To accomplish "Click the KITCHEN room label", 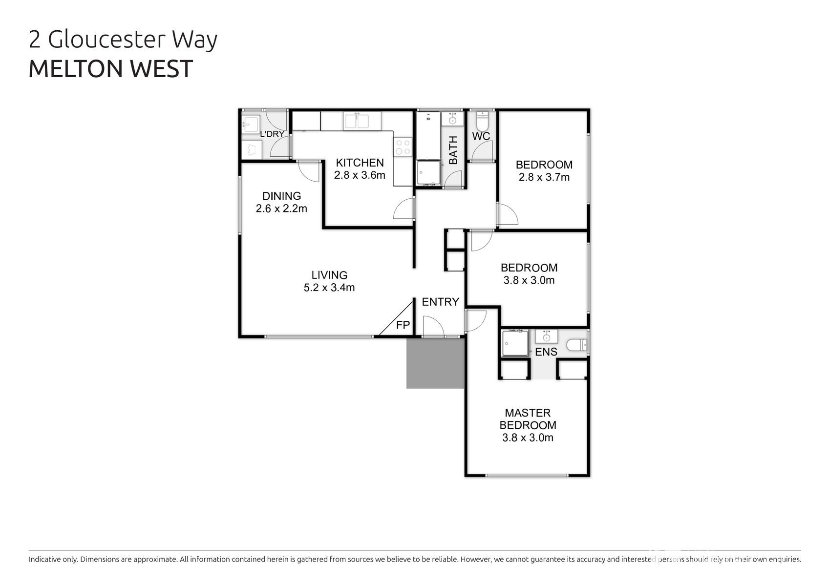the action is point(360,163).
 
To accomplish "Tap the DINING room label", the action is point(282,196).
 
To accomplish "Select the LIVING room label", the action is point(329,275).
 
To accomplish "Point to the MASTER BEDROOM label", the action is point(528,419).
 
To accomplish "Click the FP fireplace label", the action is point(403,325).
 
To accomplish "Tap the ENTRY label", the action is point(441,302).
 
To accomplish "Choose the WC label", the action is point(481,136).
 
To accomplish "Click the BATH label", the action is point(453,150).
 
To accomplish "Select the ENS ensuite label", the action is point(546,352).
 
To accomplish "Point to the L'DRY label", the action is point(272,134).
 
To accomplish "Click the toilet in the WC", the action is point(482,120).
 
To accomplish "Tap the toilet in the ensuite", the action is point(576,345).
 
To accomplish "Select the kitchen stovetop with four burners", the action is point(403,147).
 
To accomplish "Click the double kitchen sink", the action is point(356,121).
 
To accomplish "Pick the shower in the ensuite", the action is point(515,343).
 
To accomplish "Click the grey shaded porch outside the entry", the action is point(435,363).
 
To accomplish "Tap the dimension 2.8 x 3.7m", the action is point(544,177).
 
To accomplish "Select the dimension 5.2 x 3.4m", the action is point(329,288).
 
